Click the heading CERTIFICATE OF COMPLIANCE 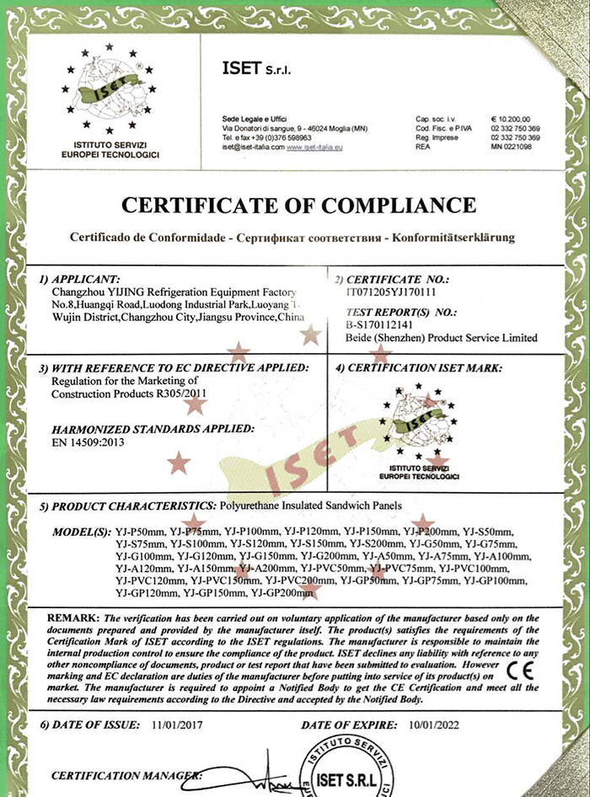click(x=299, y=205)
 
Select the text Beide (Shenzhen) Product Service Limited click(x=442, y=338)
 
